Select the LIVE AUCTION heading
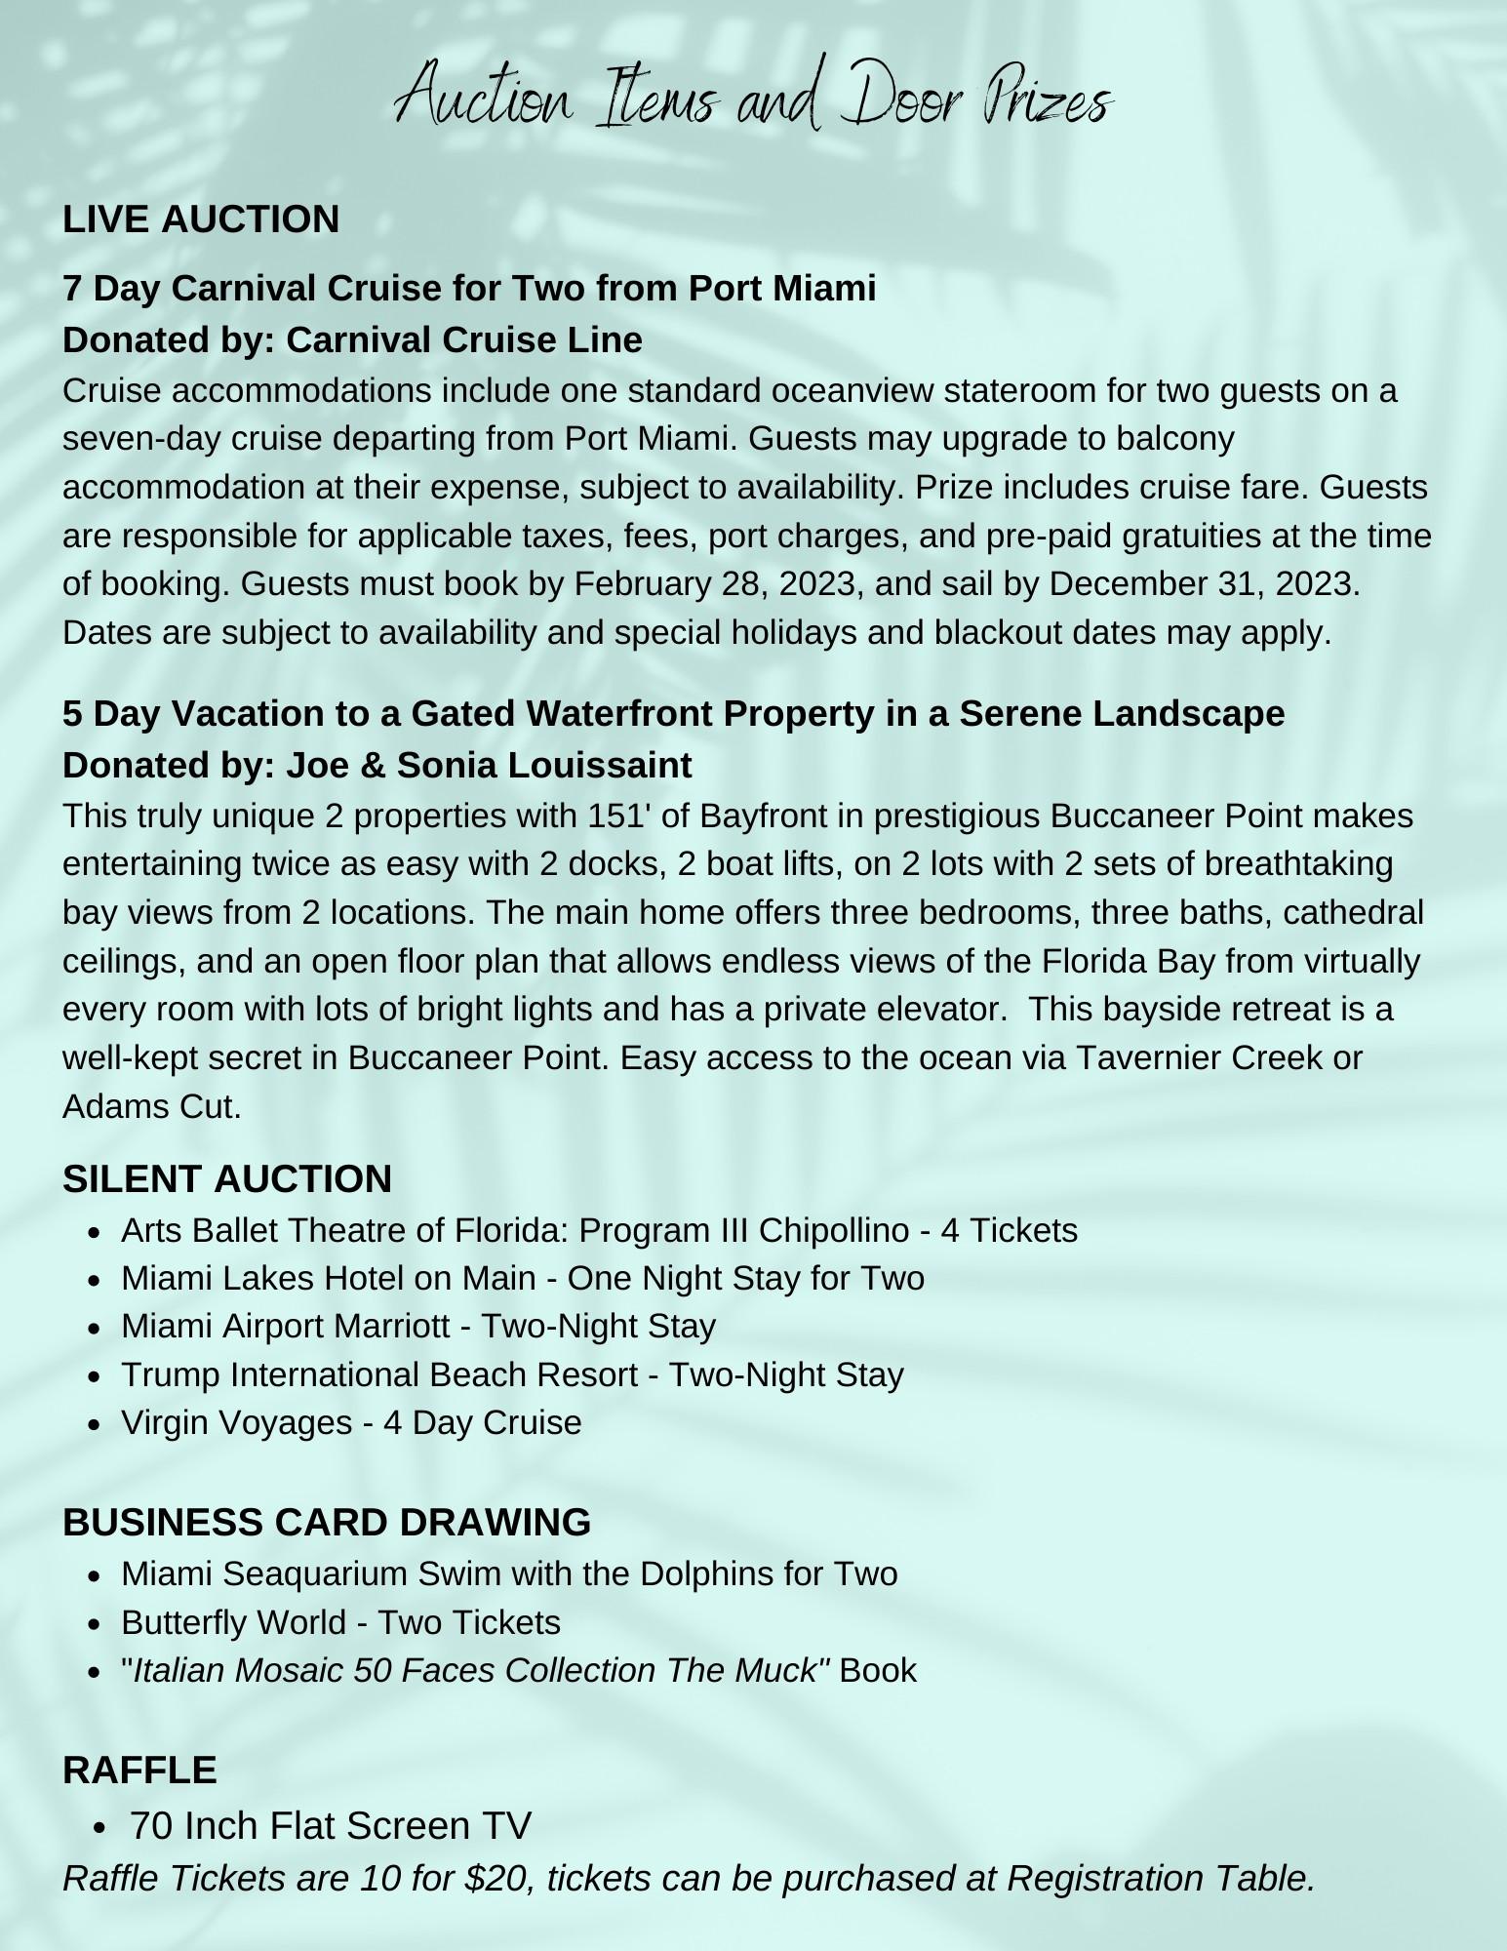(201, 219)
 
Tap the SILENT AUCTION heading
(227, 1178)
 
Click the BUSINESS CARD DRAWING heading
(327, 1522)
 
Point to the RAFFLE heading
(139, 1770)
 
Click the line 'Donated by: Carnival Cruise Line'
(352, 339)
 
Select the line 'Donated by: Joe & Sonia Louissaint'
(377, 765)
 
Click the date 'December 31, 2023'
(1202, 583)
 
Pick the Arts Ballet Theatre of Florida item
(599, 1230)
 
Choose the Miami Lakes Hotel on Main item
(522, 1278)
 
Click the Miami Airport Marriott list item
(418, 1326)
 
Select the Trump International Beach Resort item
(512, 1374)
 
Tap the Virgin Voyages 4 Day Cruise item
(351, 1422)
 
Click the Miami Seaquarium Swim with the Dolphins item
(509, 1573)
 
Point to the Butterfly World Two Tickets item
(340, 1622)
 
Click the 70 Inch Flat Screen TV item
(331, 1825)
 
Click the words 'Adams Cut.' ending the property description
(151, 1106)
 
